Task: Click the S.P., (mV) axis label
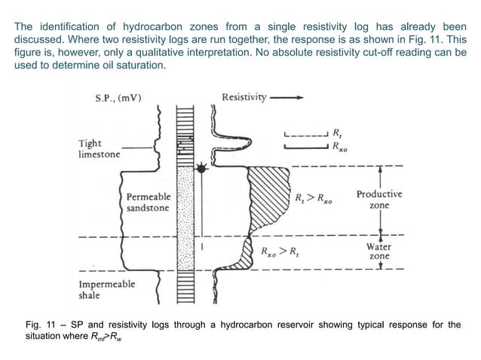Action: (x=121, y=97)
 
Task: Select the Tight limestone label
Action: (x=100, y=148)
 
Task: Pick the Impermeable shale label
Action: (x=107, y=290)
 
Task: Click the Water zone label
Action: (x=378, y=251)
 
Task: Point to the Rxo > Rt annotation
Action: (x=281, y=251)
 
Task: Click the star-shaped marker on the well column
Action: (x=201, y=167)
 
